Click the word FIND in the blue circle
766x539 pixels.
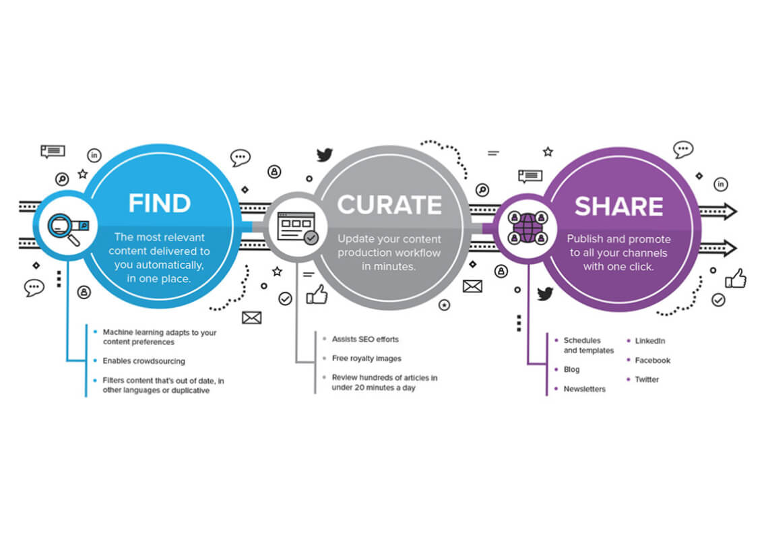coord(159,203)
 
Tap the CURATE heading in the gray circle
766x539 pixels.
coord(389,205)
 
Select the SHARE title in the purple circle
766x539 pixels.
coord(618,206)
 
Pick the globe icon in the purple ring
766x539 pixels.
coord(528,228)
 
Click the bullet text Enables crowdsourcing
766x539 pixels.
coord(143,361)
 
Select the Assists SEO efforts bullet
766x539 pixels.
coord(365,339)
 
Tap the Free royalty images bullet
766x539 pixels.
coord(366,358)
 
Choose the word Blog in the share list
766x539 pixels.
coord(571,369)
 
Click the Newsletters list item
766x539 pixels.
coord(584,389)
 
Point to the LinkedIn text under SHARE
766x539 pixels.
coord(649,341)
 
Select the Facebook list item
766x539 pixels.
coord(653,360)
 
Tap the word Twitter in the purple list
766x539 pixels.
coord(647,379)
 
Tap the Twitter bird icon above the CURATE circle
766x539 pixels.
coord(324,155)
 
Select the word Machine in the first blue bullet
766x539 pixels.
coord(118,332)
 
